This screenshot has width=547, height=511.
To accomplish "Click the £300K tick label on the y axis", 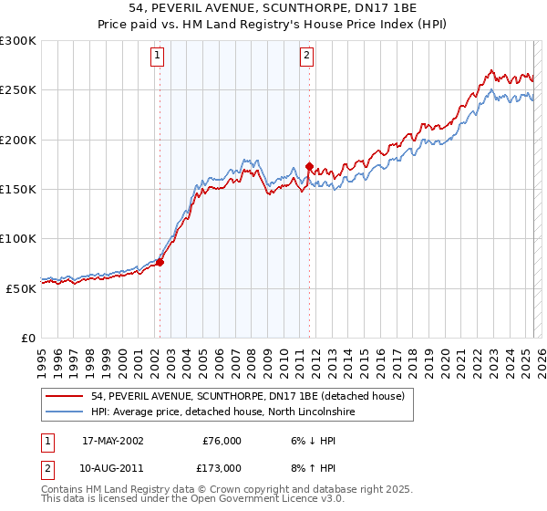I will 17,41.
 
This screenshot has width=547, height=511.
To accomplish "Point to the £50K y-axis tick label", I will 21,287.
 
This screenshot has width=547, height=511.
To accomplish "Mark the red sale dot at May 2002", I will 160,263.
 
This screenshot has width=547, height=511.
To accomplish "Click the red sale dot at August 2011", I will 309,167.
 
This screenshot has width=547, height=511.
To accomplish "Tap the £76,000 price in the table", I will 222,441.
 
